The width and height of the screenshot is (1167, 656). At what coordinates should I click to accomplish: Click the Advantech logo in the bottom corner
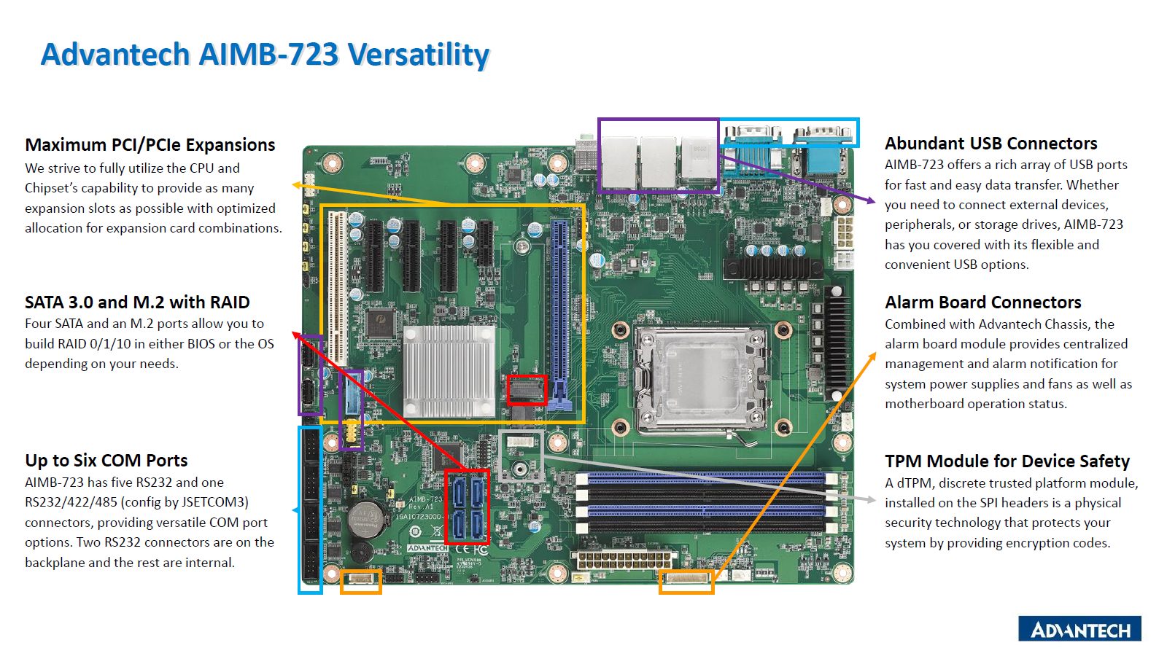click(x=1079, y=629)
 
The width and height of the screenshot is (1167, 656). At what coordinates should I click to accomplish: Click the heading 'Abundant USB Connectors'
click(x=990, y=144)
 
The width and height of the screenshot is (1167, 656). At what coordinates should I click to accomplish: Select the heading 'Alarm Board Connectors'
click(x=982, y=302)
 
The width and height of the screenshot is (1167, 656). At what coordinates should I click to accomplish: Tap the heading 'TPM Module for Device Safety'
click(x=1007, y=461)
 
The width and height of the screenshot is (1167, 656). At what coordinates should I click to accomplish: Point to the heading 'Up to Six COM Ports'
click(x=106, y=461)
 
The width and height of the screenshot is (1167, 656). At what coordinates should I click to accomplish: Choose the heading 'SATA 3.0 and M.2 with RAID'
click(x=137, y=302)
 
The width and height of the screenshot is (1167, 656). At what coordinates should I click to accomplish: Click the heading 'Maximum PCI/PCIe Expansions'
click(x=150, y=145)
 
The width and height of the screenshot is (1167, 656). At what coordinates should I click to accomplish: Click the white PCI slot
click(x=337, y=287)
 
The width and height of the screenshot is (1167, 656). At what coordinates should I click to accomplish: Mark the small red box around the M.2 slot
click(x=527, y=390)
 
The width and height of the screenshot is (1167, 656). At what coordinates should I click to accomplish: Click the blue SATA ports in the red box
click(x=467, y=507)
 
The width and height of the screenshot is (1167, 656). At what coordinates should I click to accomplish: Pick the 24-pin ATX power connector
click(x=624, y=561)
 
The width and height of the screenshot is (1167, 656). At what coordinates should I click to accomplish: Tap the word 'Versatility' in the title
click(x=418, y=55)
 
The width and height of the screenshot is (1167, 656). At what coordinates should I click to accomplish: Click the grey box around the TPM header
click(x=521, y=456)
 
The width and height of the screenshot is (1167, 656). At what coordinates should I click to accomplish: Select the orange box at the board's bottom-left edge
click(x=361, y=581)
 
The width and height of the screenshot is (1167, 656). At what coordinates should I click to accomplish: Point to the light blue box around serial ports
click(x=788, y=133)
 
